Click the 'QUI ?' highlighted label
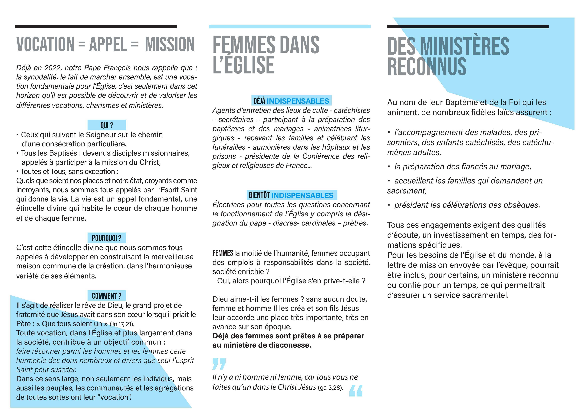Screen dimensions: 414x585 coord(107,125)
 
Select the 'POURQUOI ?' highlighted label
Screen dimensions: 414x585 coord(107,238)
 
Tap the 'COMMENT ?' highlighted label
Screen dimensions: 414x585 coord(107,296)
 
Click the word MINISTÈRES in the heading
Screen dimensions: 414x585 coord(464,46)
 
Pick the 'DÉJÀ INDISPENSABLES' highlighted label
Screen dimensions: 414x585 coord(291,101)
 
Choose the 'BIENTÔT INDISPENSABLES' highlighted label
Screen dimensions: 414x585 coord(291,195)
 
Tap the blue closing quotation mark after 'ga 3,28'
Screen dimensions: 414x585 coord(356,390)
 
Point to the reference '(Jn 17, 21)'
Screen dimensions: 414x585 coord(122,324)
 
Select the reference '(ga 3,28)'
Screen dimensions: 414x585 coord(331,388)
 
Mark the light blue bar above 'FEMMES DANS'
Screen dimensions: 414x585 coord(290,27)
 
